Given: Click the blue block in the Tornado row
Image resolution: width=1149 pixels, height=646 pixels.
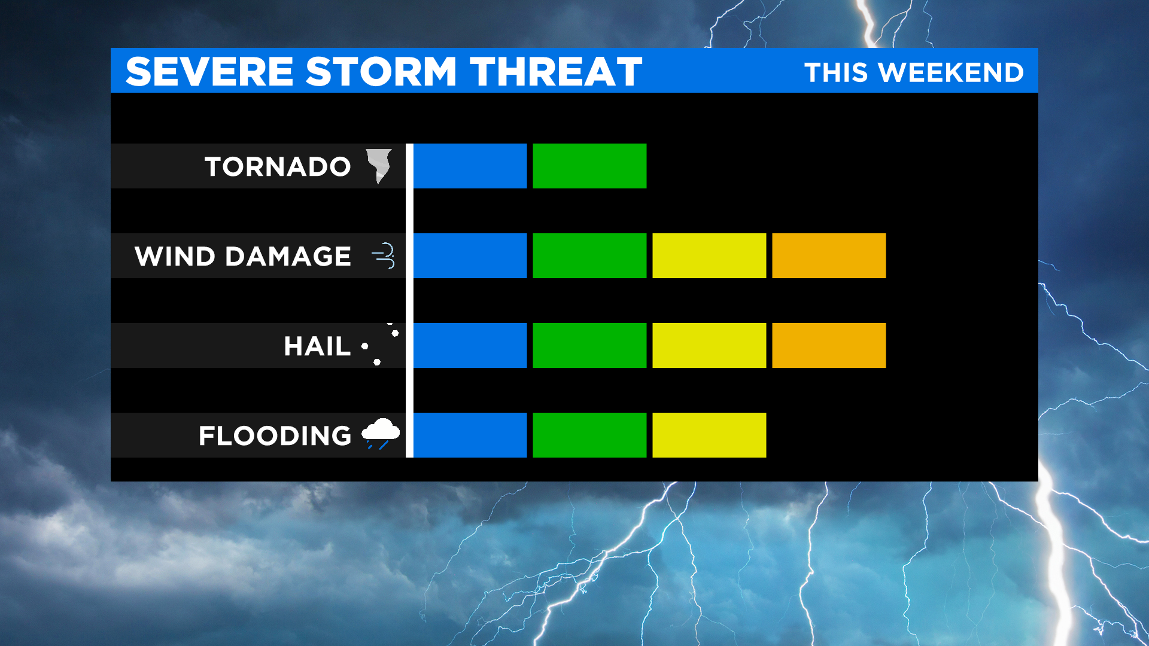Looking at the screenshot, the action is [x=470, y=166].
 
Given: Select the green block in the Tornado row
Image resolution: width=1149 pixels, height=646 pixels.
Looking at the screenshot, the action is [x=589, y=166].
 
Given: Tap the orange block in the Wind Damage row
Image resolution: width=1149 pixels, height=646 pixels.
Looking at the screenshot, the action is [x=829, y=255].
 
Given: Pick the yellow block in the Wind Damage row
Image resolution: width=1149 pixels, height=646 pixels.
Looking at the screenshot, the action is [x=709, y=255].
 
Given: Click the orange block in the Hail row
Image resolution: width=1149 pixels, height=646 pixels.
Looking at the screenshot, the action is [x=829, y=345].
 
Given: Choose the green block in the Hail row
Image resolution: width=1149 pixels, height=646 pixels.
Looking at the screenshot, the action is [x=589, y=345].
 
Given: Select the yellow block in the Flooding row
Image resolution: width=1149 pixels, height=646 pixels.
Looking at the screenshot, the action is [x=709, y=435].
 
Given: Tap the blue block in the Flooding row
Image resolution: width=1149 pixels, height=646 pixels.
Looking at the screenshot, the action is [x=470, y=435].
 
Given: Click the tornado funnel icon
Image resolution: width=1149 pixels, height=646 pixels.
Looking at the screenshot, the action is [x=379, y=165].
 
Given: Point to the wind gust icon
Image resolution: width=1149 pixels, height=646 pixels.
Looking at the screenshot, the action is [x=383, y=256].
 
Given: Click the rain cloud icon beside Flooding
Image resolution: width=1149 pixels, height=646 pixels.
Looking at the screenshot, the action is [x=381, y=434].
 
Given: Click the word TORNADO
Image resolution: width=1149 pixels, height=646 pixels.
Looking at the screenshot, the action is [x=278, y=166].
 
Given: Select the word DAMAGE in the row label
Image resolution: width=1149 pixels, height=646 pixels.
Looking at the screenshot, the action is [x=288, y=256].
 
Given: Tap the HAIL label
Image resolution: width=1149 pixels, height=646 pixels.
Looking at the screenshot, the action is [x=317, y=346].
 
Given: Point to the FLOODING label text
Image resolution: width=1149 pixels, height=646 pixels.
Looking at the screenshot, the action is [x=275, y=435].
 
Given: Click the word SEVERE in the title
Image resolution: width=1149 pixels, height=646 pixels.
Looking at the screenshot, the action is [x=209, y=72].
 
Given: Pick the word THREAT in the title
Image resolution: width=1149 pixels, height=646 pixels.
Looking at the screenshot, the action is [x=556, y=72].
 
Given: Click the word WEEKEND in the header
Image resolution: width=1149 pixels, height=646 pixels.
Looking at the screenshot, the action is [x=952, y=72].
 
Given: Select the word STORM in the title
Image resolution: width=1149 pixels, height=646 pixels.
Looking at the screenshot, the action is [x=381, y=72].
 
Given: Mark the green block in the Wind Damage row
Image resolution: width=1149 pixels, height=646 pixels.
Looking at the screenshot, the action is [x=589, y=255].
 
